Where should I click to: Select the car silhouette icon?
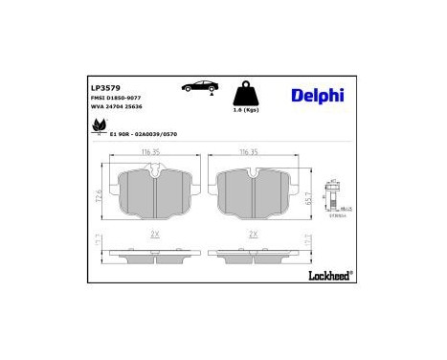pyautogui.click(x=198, y=88)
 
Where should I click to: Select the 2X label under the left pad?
pyautogui.click(x=152, y=234)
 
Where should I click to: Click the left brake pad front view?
pyautogui.click(x=154, y=195)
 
